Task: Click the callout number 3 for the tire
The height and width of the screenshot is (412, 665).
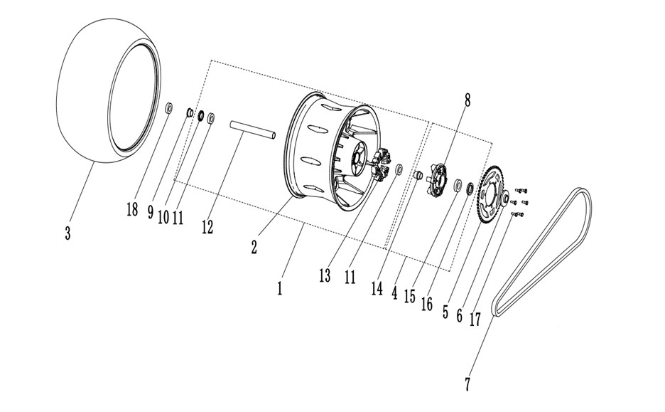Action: [67, 233]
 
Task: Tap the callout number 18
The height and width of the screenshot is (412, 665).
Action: [132, 209]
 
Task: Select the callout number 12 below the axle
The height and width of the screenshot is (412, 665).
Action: [207, 227]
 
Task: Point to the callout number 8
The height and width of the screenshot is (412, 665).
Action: [467, 100]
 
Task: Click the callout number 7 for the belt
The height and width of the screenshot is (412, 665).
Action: [467, 384]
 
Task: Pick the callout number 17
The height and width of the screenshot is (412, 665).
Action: [475, 319]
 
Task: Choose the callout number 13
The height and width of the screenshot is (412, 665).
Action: [325, 276]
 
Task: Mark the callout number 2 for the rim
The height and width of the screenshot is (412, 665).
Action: [254, 247]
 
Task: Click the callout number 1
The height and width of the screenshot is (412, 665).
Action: [279, 288]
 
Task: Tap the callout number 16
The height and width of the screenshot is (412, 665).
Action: [427, 304]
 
